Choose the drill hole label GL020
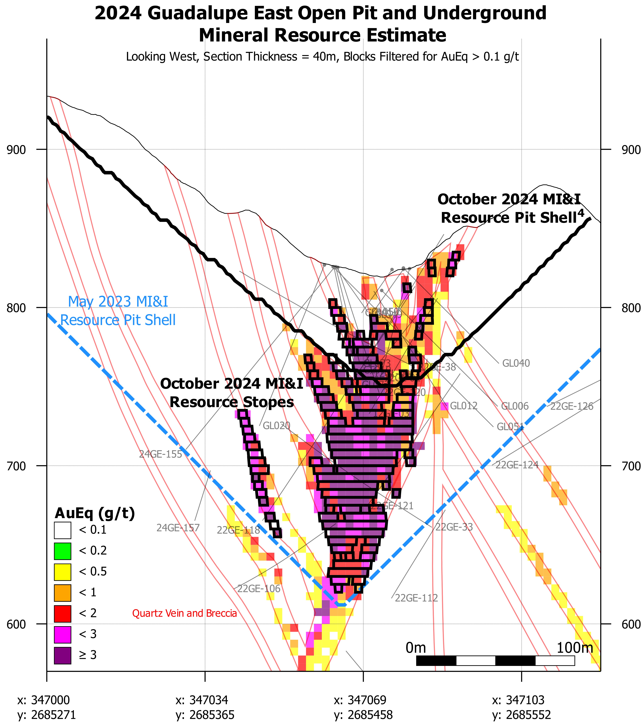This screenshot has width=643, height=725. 276,426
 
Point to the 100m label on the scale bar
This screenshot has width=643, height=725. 574,648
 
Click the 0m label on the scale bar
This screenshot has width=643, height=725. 416,648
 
